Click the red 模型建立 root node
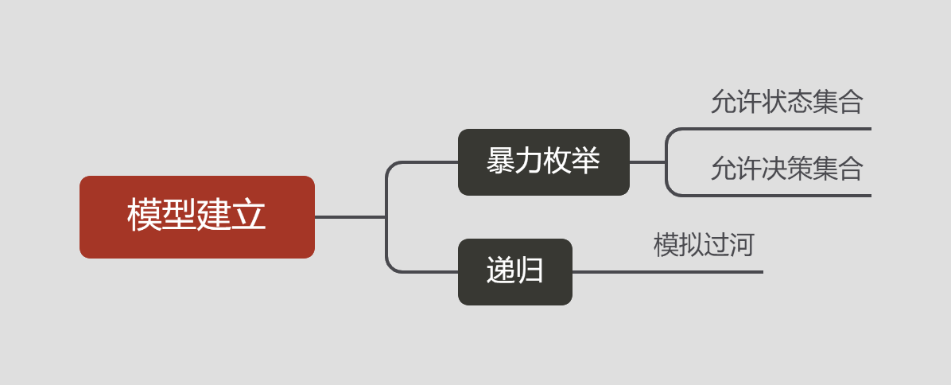pyautogui.click(x=197, y=216)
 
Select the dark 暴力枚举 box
pyautogui.click(x=543, y=162)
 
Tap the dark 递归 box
pyautogui.click(x=514, y=271)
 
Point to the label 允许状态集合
pyautogui.click(x=786, y=102)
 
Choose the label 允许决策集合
pyautogui.click(x=786, y=169)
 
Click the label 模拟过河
pyautogui.click(x=704, y=245)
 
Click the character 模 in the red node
pyautogui.click(x=144, y=216)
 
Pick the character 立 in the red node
pyautogui.click(x=249, y=216)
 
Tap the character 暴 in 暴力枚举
pyautogui.click(x=500, y=161)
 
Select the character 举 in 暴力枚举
pyautogui.click(x=586, y=161)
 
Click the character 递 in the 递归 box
pyautogui.click(x=500, y=271)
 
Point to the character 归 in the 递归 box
pyautogui.click(x=530, y=271)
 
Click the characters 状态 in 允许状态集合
pyautogui.click(x=786, y=102)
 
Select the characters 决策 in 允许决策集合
pyautogui.click(x=786, y=169)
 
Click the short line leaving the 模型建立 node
pyautogui.click(x=350, y=216)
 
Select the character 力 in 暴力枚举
pyautogui.click(x=529, y=161)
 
